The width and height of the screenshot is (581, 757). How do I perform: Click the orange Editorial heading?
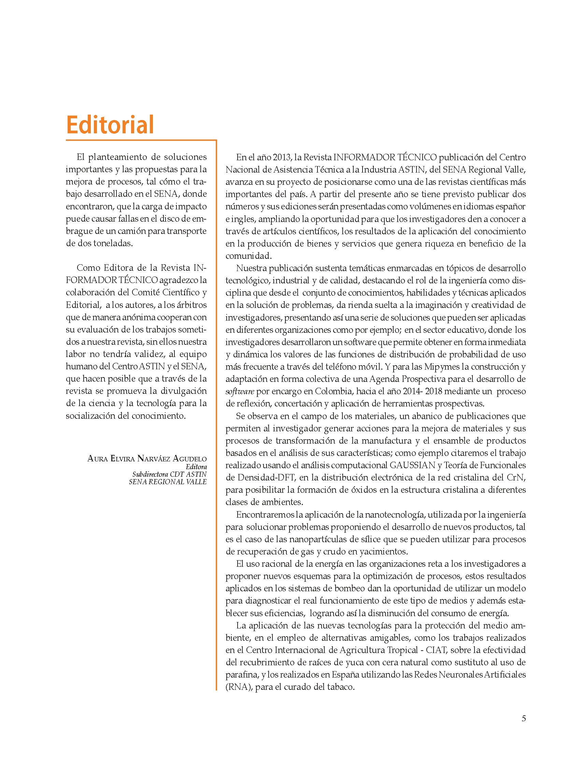[110, 125]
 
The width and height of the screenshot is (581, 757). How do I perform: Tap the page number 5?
[524, 718]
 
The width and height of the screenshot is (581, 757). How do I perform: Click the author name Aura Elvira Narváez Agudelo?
[147, 459]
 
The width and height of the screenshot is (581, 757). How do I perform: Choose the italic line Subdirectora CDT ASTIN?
[169, 474]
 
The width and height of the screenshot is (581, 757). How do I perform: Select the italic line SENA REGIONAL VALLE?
[168, 482]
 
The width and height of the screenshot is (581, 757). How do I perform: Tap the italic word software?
[240, 391]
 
